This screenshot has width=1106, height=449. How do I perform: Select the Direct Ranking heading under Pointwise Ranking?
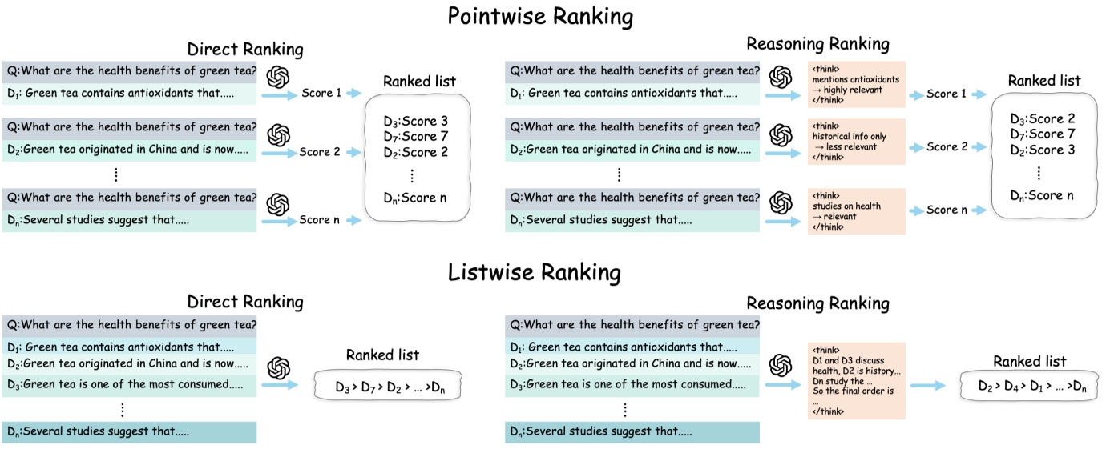pyautogui.click(x=245, y=50)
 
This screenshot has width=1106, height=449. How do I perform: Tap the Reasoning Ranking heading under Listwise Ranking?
pyautogui.click(x=817, y=303)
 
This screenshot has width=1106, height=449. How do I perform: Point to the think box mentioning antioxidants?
pyautogui.click(x=856, y=84)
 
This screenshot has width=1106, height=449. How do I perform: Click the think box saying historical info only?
pyautogui.click(x=856, y=142)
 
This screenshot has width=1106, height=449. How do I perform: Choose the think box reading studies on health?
pyautogui.click(x=856, y=211)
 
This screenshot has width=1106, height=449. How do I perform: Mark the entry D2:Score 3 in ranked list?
pyautogui.click(x=1042, y=150)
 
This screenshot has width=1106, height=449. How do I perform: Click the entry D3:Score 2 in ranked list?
pyautogui.click(x=1042, y=119)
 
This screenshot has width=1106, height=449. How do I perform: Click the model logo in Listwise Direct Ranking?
pyautogui.click(x=277, y=368)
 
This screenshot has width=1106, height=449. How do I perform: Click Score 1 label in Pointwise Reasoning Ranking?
pyautogui.click(x=947, y=94)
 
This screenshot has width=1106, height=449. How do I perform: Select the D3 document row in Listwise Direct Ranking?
pyautogui.click(x=129, y=384)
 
